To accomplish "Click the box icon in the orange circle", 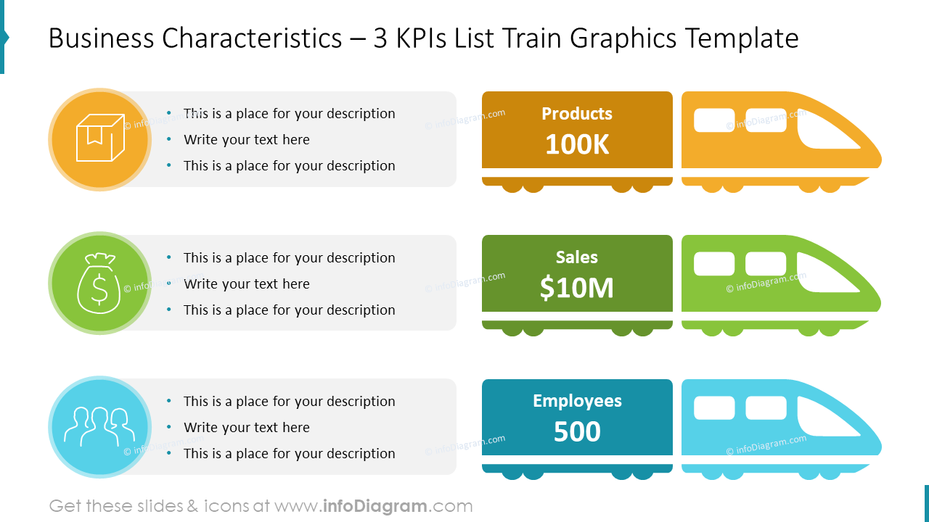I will [x=99, y=138].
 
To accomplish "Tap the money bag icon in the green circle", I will [x=99, y=283].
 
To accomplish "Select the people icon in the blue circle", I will [x=99, y=426].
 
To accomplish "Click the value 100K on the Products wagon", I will [x=577, y=145].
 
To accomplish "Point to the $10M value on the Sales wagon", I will [x=577, y=289].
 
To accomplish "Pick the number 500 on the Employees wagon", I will [x=577, y=432].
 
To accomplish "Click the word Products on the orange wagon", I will [x=577, y=114].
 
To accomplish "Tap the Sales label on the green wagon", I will [x=577, y=257].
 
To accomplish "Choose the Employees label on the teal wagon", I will [x=577, y=401].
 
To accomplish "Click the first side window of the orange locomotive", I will [x=714, y=120].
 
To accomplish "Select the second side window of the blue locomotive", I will [x=766, y=408].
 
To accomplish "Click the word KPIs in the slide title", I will [x=420, y=38].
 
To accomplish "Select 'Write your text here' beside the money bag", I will [x=246, y=284].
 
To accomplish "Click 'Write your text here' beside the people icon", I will [x=246, y=428].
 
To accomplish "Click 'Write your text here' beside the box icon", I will [x=246, y=140].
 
